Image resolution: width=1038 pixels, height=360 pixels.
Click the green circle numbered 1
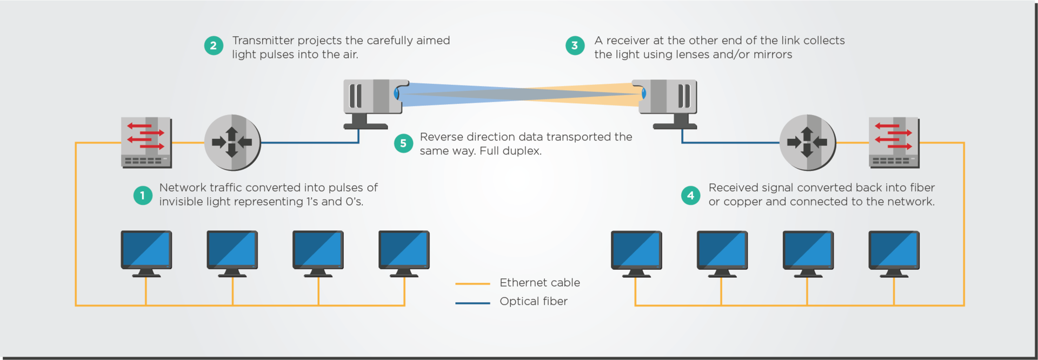click(x=143, y=195)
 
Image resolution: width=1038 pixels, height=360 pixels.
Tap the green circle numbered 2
click(x=214, y=45)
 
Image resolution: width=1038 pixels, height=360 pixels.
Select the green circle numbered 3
click(x=575, y=45)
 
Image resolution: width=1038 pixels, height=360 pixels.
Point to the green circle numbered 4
click(x=690, y=195)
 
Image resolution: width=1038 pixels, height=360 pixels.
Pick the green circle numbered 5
click(x=403, y=143)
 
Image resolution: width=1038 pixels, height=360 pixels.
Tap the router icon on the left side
click(x=232, y=143)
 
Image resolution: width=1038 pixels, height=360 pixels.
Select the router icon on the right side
click(x=807, y=143)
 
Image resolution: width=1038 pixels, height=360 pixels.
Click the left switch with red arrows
click(x=146, y=143)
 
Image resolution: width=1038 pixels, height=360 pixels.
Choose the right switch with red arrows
click(x=894, y=143)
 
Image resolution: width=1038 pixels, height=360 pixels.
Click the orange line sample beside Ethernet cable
click(x=473, y=283)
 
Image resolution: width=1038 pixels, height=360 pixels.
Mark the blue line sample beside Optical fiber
click(x=473, y=303)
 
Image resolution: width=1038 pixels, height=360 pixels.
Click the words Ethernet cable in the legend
click(x=540, y=283)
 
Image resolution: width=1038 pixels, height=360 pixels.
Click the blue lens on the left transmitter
click(x=397, y=94)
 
